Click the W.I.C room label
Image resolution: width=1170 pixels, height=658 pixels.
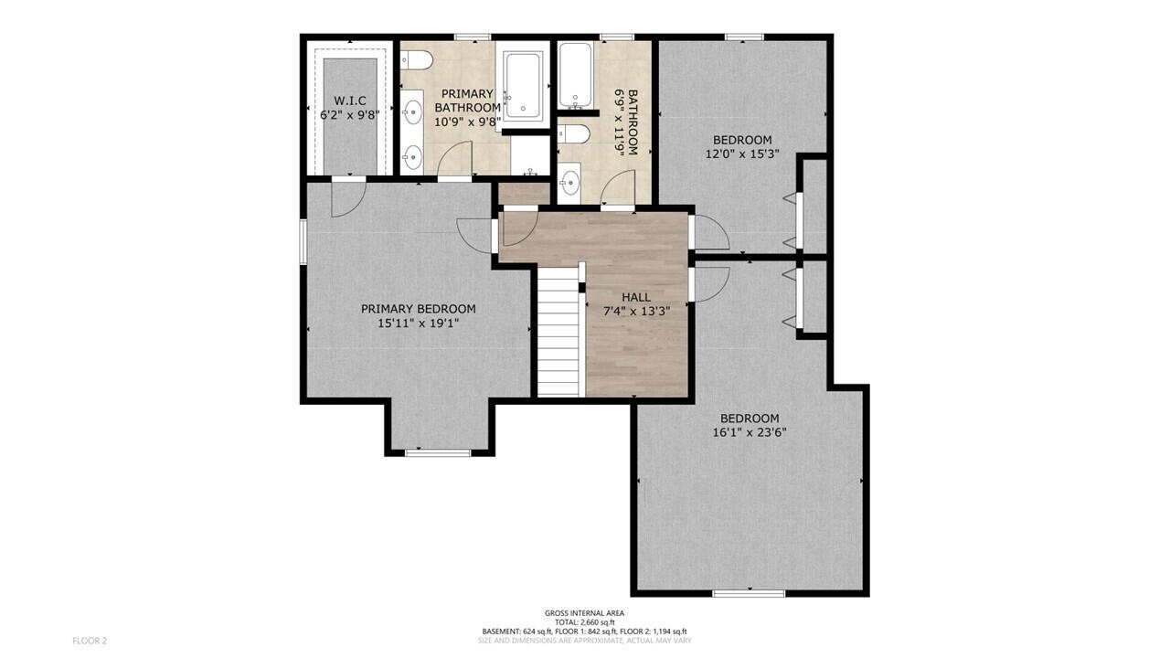pyautogui.click(x=349, y=101)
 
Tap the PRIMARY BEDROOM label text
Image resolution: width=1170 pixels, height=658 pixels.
pyautogui.click(x=419, y=309)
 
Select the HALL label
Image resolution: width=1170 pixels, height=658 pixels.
pyautogui.click(x=636, y=297)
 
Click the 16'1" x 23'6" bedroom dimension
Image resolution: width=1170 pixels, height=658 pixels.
pyautogui.click(x=750, y=432)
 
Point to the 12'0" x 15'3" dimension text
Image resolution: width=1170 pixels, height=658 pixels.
pyautogui.click(x=742, y=154)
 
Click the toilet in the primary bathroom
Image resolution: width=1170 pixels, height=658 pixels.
pyautogui.click(x=416, y=60)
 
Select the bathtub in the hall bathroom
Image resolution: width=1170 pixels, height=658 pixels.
pyautogui.click(x=575, y=75)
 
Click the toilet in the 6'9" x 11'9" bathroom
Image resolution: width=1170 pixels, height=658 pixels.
pyautogui.click(x=573, y=133)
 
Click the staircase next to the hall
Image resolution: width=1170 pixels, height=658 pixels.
pyautogui.click(x=558, y=330)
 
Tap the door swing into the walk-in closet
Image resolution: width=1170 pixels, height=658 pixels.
pyautogui.click(x=349, y=198)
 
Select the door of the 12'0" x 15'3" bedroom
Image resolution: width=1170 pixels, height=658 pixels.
pyautogui.click(x=711, y=232)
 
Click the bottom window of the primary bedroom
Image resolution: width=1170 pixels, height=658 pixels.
pyautogui.click(x=438, y=452)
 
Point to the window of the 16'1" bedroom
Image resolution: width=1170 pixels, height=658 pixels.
pyautogui.click(x=749, y=593)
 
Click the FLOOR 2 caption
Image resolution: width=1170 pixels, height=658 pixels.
pyautogui.click(x=90, y=641)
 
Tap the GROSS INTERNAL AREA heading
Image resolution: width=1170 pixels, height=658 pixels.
pyautogui.click(x=584, y=613)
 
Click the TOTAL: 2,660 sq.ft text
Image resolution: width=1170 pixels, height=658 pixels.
pyautogui.click(x=584, y=622)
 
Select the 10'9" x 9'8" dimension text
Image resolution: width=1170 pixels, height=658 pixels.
pyautogui.click(x=467, y=122)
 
